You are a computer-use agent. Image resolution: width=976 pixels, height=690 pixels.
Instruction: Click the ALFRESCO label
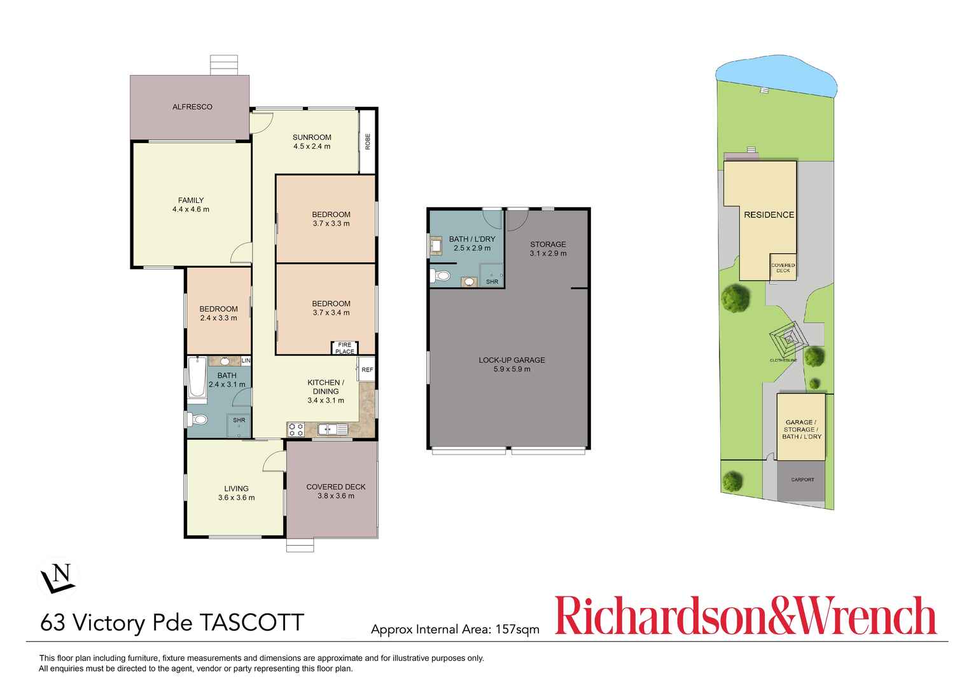pyautogui.click(x=192, y=107)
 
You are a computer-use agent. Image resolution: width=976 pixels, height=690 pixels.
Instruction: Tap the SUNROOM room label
pyautogui.click(x=312, y=137)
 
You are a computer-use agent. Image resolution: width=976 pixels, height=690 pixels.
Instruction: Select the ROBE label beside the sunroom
pyautogui.click(x=368, y=142)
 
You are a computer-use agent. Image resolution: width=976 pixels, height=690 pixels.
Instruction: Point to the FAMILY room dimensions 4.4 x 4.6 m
pyautogui.click(x=191, y=209)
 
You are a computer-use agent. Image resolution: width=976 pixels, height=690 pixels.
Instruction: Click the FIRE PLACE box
pyautogui.click(x=345, y=348)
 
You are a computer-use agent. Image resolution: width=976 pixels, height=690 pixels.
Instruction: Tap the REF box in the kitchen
pyautogui.click(x=367, y=369)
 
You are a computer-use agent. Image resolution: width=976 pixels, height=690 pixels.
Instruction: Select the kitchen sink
pyautogui.click(x=333, y=429)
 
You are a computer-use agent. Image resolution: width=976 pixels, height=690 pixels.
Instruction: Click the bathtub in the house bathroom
pyautogui.click(x=197, y=377)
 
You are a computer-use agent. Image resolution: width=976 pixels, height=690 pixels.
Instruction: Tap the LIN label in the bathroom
pyautogui.click(x=246, y=361)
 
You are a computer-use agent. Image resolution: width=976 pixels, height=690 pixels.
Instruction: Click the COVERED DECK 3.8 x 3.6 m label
pyautogui.click(x=335, y=491)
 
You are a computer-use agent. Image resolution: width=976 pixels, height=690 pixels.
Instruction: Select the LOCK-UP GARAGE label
pyautogui.click(x=512, y=360)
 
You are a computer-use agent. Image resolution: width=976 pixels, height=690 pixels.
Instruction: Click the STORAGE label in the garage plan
pyautogui.click(x=548, y=244)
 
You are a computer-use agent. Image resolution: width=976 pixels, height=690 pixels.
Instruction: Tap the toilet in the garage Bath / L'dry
pyautogui.click(x=440, y=276)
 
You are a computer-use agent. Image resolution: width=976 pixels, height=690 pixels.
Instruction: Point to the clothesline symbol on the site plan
pyautogui.click(x=788, y=339)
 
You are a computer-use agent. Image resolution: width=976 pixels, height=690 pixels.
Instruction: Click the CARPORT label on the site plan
pyautogui.click(x=802, y=480)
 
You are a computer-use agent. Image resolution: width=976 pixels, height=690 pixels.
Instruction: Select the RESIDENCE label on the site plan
pyautogui.click(x=769, y=215)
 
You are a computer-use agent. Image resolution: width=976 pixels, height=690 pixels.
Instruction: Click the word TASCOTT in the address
pyautogui.click(x=252, y=622)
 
